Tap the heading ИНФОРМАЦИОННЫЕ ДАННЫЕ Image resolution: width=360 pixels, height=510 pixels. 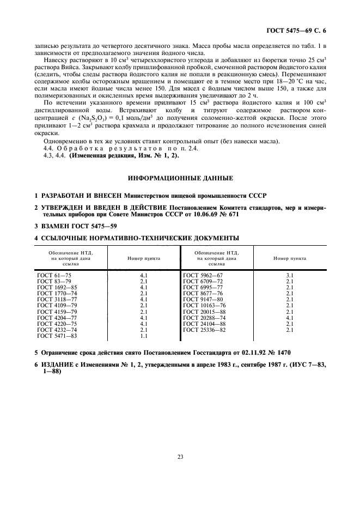180,178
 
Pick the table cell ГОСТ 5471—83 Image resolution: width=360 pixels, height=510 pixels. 52,336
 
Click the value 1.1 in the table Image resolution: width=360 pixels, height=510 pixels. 144,336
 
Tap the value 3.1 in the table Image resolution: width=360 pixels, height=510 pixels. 290,276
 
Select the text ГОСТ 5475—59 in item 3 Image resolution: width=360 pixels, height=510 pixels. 84,226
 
